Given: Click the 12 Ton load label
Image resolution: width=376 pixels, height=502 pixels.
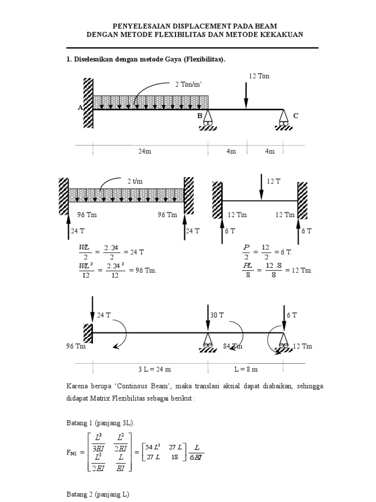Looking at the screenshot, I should pyautogui.click(x=259, y=76).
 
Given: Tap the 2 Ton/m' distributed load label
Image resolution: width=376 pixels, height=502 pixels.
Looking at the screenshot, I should pyautogui.click(x=189, y=84).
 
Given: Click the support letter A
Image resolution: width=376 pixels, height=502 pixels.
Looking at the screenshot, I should pyautogui.click(x=80, y=108).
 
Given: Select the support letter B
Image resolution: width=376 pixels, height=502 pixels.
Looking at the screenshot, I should pyautogui.click(x=199, y=116).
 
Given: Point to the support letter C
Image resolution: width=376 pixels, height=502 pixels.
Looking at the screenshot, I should pyautogui.click(x=295, y=116).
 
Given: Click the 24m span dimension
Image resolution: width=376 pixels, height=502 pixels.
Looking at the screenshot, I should pyautogui.click(x=144, y=151).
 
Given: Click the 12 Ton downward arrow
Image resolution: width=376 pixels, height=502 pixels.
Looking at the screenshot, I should pyautogui.click(x=246, y=96).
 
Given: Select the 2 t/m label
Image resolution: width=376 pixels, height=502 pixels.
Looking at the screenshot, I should pyautogui.click(x=133, y=181).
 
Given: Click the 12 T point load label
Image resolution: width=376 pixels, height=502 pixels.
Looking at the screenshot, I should pyautogui.click(x=274, y=181).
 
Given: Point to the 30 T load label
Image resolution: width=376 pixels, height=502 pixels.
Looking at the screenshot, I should pyautogui.click(x=217, y=315).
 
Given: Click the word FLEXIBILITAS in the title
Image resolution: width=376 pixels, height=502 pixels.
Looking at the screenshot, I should pyautogui.click(x=196, y=34).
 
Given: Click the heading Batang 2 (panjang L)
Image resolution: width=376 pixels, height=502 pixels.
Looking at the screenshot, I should pyautogui.click(x=97, y=495).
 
